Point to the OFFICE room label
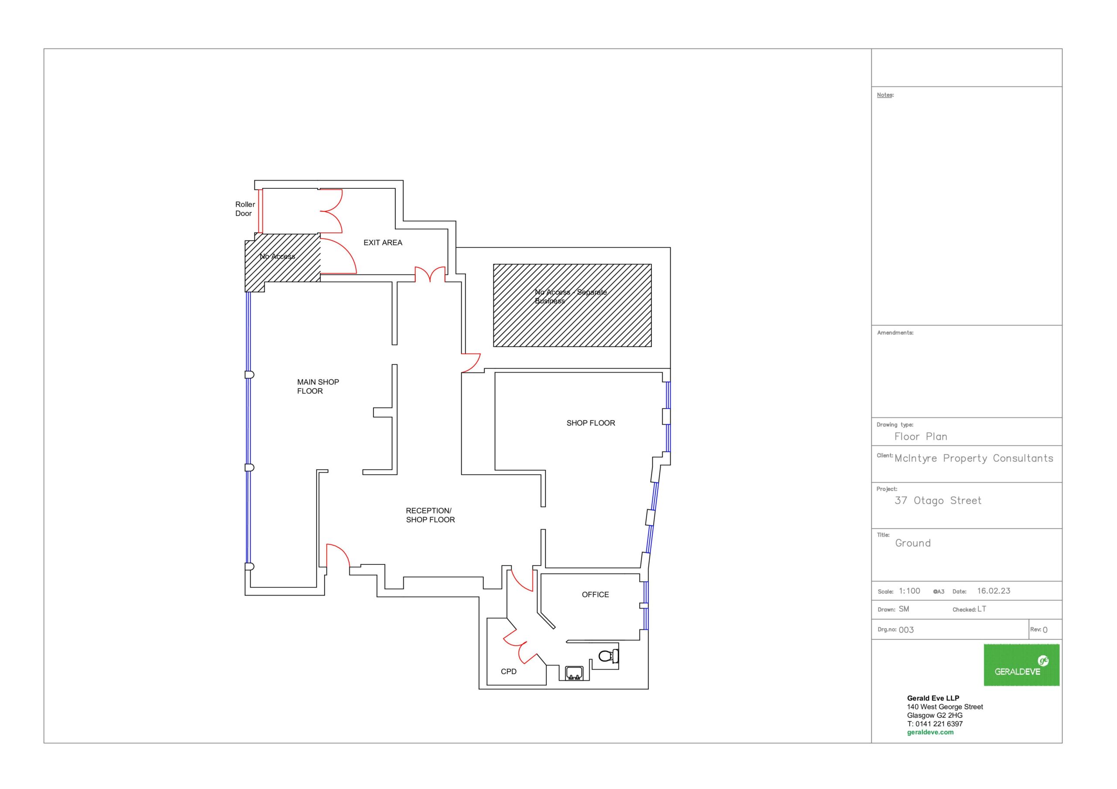click(596, 595)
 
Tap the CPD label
click(509, 672)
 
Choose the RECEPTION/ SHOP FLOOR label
click(430, 515)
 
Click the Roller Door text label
click(245, 209)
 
